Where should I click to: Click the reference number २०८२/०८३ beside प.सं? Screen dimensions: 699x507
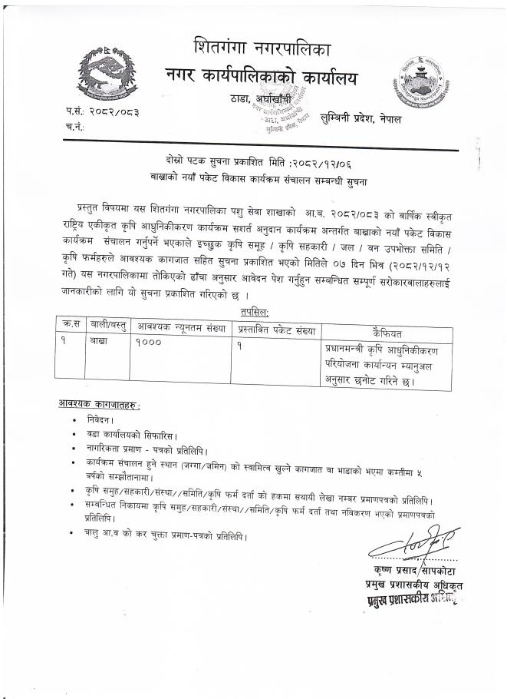(114, 112)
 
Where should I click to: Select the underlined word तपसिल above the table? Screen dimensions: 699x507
(252, 311)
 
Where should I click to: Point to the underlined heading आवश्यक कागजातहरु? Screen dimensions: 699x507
(100, 404)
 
